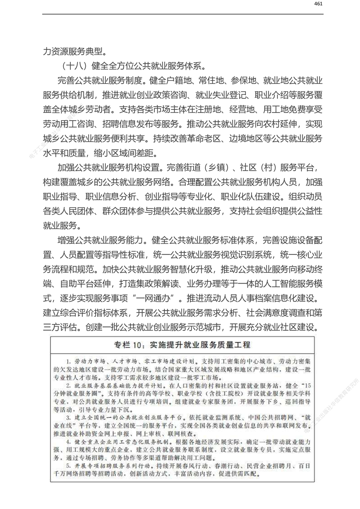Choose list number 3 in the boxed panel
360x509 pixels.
pos(67,416)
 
